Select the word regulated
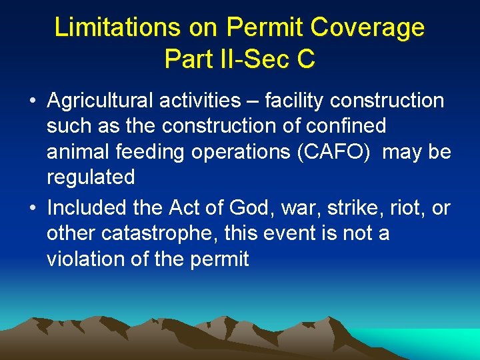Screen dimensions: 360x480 pyautogui.click(x=91, y=177)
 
